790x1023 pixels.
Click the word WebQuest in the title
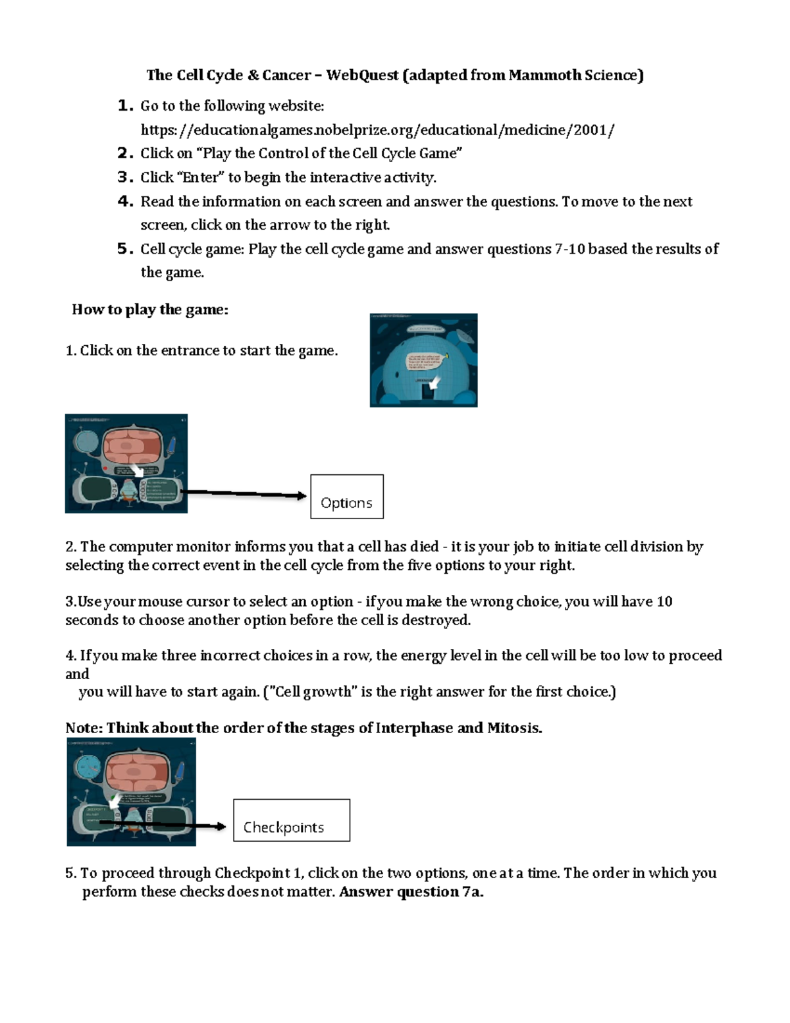coord(362,75)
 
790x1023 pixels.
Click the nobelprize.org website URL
coord(377,130)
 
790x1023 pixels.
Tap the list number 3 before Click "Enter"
coord(124,177)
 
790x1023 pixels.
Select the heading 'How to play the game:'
coord(150,310)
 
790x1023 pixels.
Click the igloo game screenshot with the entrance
coord(423,360)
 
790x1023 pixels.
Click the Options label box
coord(347,497)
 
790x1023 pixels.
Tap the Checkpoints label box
coord(292,820)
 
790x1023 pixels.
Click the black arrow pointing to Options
coord(244,493)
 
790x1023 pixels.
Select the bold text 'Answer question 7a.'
coord(411,892)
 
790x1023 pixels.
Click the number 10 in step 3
coord(664,601)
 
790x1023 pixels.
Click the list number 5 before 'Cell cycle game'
coord(124,249)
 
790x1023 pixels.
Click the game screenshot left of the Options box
coord(126,464)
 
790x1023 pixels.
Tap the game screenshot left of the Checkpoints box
coord(132,792)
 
